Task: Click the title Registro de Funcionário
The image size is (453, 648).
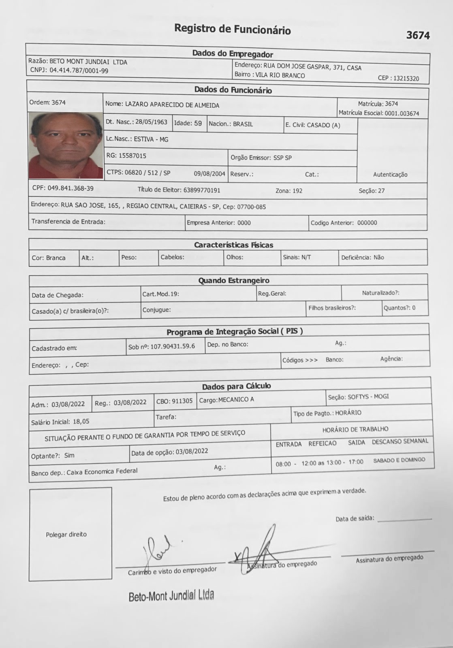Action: coord(232,29)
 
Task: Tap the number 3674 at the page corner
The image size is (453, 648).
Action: coord(418,36)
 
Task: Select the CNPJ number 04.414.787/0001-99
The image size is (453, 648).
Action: coord(79,70)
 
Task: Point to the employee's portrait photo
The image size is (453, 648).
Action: coord(66,145)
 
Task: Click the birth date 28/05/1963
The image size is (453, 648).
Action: coord(151,122)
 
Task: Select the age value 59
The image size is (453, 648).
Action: coord(198,123)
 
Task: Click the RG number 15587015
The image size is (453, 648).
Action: coord(132,156)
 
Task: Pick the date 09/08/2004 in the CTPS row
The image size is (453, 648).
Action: coord(209,174)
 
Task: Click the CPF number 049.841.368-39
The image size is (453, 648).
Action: coord(71,188)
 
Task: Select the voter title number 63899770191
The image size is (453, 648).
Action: coord(202,190)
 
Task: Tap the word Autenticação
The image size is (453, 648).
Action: coord(390,175)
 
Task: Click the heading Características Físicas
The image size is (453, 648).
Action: coord(233,245)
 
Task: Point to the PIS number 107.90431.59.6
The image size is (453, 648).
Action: coord(173,346)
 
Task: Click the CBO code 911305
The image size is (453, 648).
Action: coord(182,401)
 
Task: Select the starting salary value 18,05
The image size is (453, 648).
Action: coord(81,422)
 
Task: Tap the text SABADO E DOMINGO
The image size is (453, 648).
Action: coord(399,460)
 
